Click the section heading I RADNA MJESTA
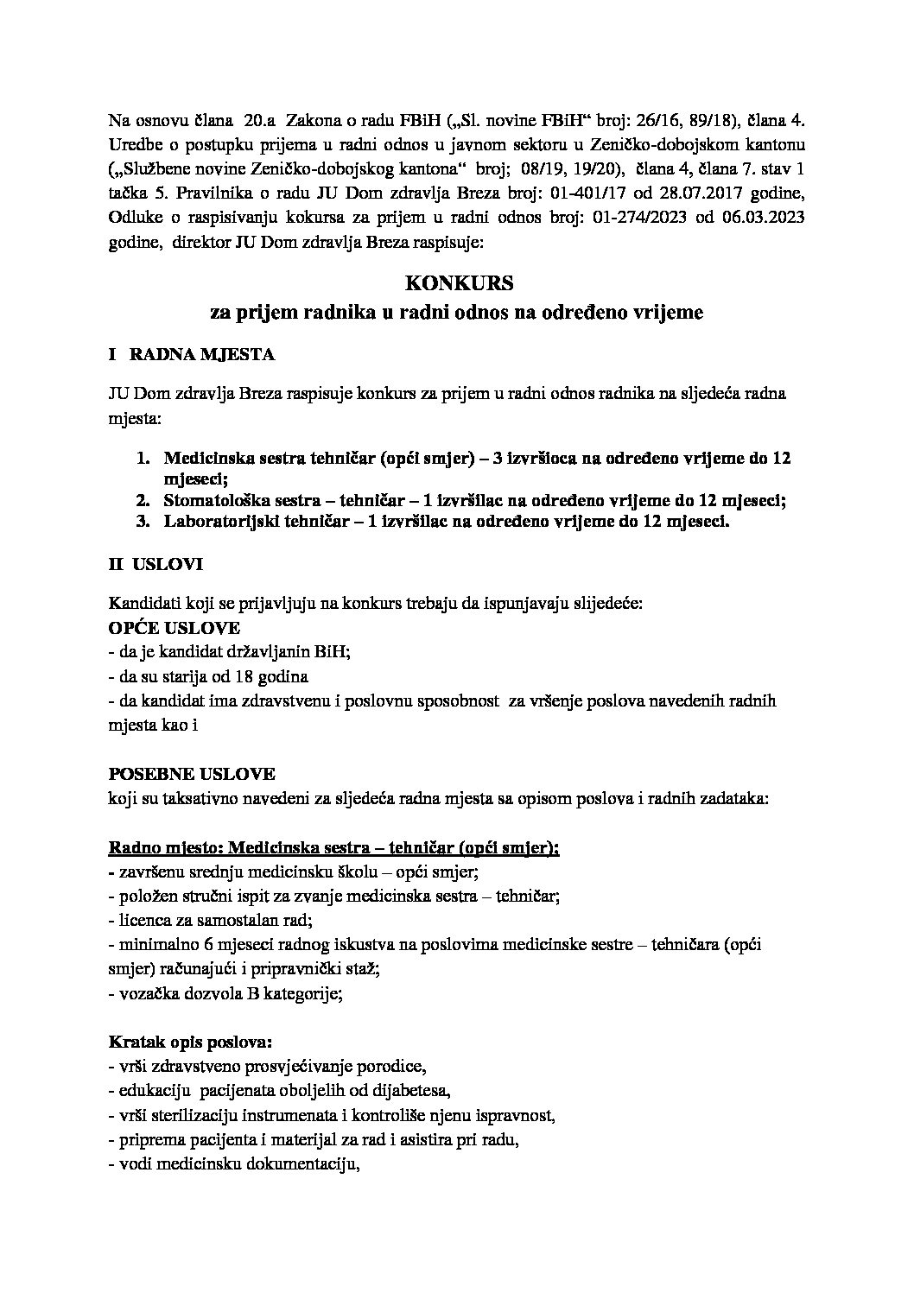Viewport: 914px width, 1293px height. click(192, 354)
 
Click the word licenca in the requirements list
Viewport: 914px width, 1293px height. click(141, 920)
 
